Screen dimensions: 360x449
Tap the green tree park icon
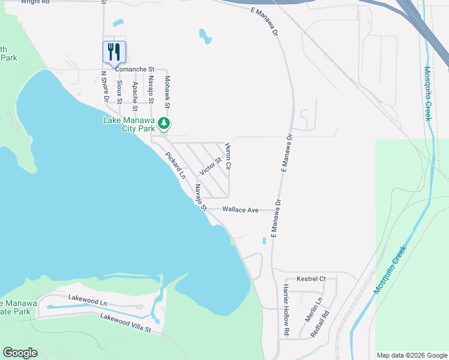coord(164,124)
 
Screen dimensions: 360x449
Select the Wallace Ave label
coord(240,210)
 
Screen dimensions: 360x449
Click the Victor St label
coord(211,163)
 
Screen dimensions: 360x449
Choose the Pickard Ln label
coord(176,165)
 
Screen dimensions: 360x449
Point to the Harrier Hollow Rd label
coord(286,310)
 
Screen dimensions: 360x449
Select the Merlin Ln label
coord(316,309)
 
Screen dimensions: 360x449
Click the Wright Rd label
coord(34,2)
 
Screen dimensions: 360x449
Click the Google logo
coord(20,353)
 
